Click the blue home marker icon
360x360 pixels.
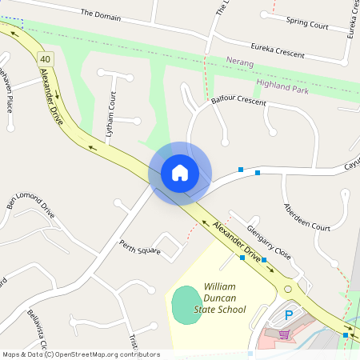(179, 172)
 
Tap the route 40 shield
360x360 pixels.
(44, 58)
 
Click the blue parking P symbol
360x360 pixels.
(289, 315)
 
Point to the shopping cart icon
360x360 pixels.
(283, 334)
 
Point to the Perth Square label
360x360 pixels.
(140, 247)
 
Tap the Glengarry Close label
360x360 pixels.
(268, 241)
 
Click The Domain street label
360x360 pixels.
(100, 14)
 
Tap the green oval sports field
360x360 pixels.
(186, 304)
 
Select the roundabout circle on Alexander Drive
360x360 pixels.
(287, 289)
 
